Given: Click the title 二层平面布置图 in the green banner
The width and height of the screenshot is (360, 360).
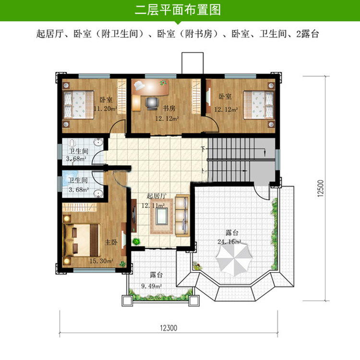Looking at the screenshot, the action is pyautogui.click(x=178, y=10).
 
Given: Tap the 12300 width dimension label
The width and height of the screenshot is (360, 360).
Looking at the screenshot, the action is pyautogui.click(x=168, y=328).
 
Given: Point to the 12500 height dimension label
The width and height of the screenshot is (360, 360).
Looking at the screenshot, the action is pyautogui.click(x=321, y=188).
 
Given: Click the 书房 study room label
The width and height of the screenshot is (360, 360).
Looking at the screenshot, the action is pyautogui.click(x=169, y=108).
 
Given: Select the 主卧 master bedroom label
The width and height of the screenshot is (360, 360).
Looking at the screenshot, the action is pyautogui.click(x=111, y=242).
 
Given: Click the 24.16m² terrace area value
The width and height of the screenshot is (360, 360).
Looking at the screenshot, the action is pyautogui.click(x=229, y=242).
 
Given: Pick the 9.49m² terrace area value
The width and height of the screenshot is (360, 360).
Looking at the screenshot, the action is pyautogui.click(x=151, y=286).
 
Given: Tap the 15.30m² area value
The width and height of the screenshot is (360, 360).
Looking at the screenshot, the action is pyautogui.click(x=101, y=261).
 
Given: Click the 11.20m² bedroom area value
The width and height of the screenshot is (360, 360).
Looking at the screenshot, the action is pyautogui.click(x=106, y=108).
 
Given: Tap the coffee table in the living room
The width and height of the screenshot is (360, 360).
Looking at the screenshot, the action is pyautogui.click(x=161, y=216).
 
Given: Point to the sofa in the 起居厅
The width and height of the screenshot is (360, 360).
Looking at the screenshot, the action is pyautogui.click(x=182, y=216).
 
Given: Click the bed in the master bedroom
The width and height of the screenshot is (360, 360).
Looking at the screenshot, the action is pyautogui.click(x=82, y=240).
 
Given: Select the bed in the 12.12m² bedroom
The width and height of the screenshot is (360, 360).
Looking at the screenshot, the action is pyautogui.click(x=259, y=105).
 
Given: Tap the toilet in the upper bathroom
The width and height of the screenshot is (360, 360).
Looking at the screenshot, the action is pyautogui.click(x=72, y=143).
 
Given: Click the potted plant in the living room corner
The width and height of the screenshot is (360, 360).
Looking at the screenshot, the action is pyautogui.click(x=136, y=241).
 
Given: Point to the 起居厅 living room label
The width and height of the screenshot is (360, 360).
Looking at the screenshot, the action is pyautogui.click(x=156, y=196).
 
